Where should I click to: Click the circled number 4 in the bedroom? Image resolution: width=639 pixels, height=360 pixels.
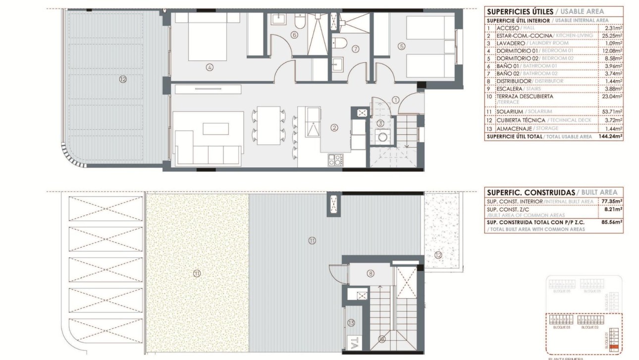[x=210, y=67]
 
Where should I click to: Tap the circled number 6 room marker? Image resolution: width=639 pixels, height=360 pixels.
[x=294, y=35]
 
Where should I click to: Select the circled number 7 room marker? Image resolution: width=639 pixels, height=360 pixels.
[x=355, y=49]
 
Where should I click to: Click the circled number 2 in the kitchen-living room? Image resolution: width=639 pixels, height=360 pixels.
[x=334, y=127]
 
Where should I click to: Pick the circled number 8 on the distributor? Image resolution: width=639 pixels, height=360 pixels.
[x=371, y=273]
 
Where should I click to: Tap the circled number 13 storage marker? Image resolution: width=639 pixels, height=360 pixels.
[x=351, y=323]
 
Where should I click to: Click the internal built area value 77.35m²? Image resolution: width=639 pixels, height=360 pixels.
[x=612, y=202]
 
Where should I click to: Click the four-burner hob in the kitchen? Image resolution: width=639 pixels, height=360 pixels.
[x=335, y=159]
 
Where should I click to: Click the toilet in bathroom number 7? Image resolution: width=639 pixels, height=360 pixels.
[x=340, y=43]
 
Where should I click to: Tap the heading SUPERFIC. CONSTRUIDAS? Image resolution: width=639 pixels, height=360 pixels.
[x=532, y=192]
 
